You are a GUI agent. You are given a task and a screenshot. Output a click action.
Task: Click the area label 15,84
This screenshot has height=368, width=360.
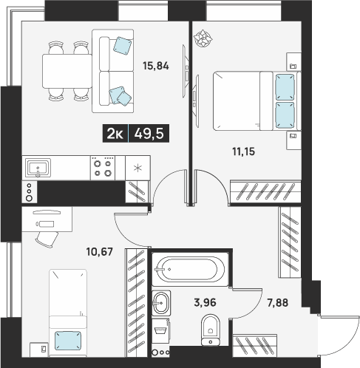pos(156,66)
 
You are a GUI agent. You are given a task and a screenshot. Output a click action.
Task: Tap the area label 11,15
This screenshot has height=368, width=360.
pos(244,151)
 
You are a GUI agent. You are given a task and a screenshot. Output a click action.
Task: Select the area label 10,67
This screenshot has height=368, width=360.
pos(100,251)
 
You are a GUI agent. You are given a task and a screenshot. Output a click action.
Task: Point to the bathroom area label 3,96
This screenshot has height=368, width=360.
pos(205,302)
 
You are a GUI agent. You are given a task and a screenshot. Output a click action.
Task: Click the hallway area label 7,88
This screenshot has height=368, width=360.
pos(278,303)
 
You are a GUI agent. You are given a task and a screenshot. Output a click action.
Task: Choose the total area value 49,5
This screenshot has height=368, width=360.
pos(149,134)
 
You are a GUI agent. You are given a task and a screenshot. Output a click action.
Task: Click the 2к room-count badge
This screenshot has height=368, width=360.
pos(115,134)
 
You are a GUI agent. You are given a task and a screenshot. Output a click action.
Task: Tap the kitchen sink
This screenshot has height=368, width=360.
pos(38,168)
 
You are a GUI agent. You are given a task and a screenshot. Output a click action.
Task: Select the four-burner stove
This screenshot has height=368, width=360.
pos(103,168)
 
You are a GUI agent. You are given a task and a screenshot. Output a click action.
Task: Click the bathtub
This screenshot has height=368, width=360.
pos(190,269)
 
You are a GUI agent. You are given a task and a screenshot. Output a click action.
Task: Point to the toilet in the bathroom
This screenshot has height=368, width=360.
pos(211,330)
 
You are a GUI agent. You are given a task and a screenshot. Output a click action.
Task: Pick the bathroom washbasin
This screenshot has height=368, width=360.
pos(161,303)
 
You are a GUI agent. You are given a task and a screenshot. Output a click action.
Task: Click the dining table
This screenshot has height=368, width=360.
pos(67,71)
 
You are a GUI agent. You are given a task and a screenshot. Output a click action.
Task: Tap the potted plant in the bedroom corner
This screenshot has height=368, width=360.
pos(203,38)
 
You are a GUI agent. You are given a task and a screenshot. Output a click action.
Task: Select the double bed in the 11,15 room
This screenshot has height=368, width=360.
pos(257,101)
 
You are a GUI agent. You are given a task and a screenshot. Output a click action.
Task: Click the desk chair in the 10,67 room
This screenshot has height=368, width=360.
pos(47,239)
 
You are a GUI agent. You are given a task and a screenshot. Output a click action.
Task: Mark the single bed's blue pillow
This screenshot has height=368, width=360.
pos(68,341)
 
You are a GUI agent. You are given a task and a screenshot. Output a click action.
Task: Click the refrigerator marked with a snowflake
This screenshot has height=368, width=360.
pos(137,168)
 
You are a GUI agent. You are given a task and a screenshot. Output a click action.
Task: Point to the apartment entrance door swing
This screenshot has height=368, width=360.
pos(339,336)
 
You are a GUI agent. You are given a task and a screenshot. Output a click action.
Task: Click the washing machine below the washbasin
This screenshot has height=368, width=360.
pos(160,330)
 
